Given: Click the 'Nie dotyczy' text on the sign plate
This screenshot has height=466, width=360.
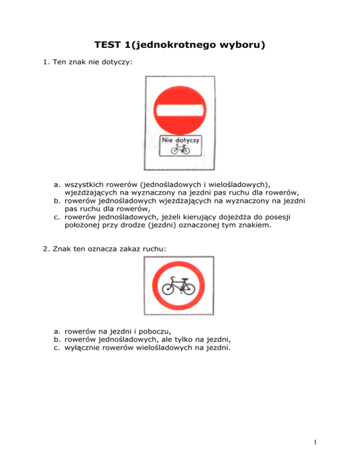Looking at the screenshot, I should tap(180, 140).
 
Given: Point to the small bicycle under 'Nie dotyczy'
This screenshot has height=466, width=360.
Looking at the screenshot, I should tap(180, 149).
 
